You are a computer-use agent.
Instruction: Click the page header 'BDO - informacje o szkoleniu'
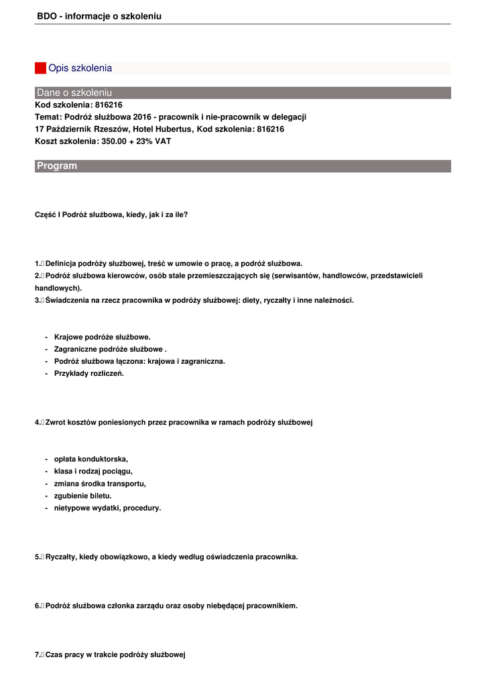pyautogui.click(x=99, y=16)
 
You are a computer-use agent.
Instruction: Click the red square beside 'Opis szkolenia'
pyautogui.click(x=40, y=68)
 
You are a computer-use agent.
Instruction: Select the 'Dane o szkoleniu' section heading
pyautogui.click(x=74, y=92)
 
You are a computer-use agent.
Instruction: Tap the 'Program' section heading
pyautogui.click(x=57, y=166)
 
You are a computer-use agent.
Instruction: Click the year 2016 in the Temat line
pyautogui.click(x=142, y=117)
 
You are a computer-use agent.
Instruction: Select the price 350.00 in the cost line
pyautogui.click(x=114, y=141)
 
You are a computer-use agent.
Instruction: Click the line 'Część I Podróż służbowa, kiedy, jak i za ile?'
pyautogui.click(x=111, y=215)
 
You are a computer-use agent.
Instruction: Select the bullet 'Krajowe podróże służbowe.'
pyautogui.click(x=102, y=337)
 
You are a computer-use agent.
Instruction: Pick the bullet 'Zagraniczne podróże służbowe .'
pyautogui.click(x=110, y=349)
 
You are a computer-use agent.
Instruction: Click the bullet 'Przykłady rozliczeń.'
pyautogui.click(x=89, y=374)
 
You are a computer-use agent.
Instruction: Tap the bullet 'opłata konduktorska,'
pyautogui.click(x=91, y=459)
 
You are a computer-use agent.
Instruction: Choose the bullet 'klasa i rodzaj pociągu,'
pyautogui.click(x=93, y=471)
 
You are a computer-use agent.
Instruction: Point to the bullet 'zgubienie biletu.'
pyautogui.click(x=83, y=496)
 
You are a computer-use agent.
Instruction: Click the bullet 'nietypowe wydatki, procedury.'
pyautogui.click(x=107, y=508)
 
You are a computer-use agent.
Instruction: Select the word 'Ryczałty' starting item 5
pyautogui.click(x=60, y=557)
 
